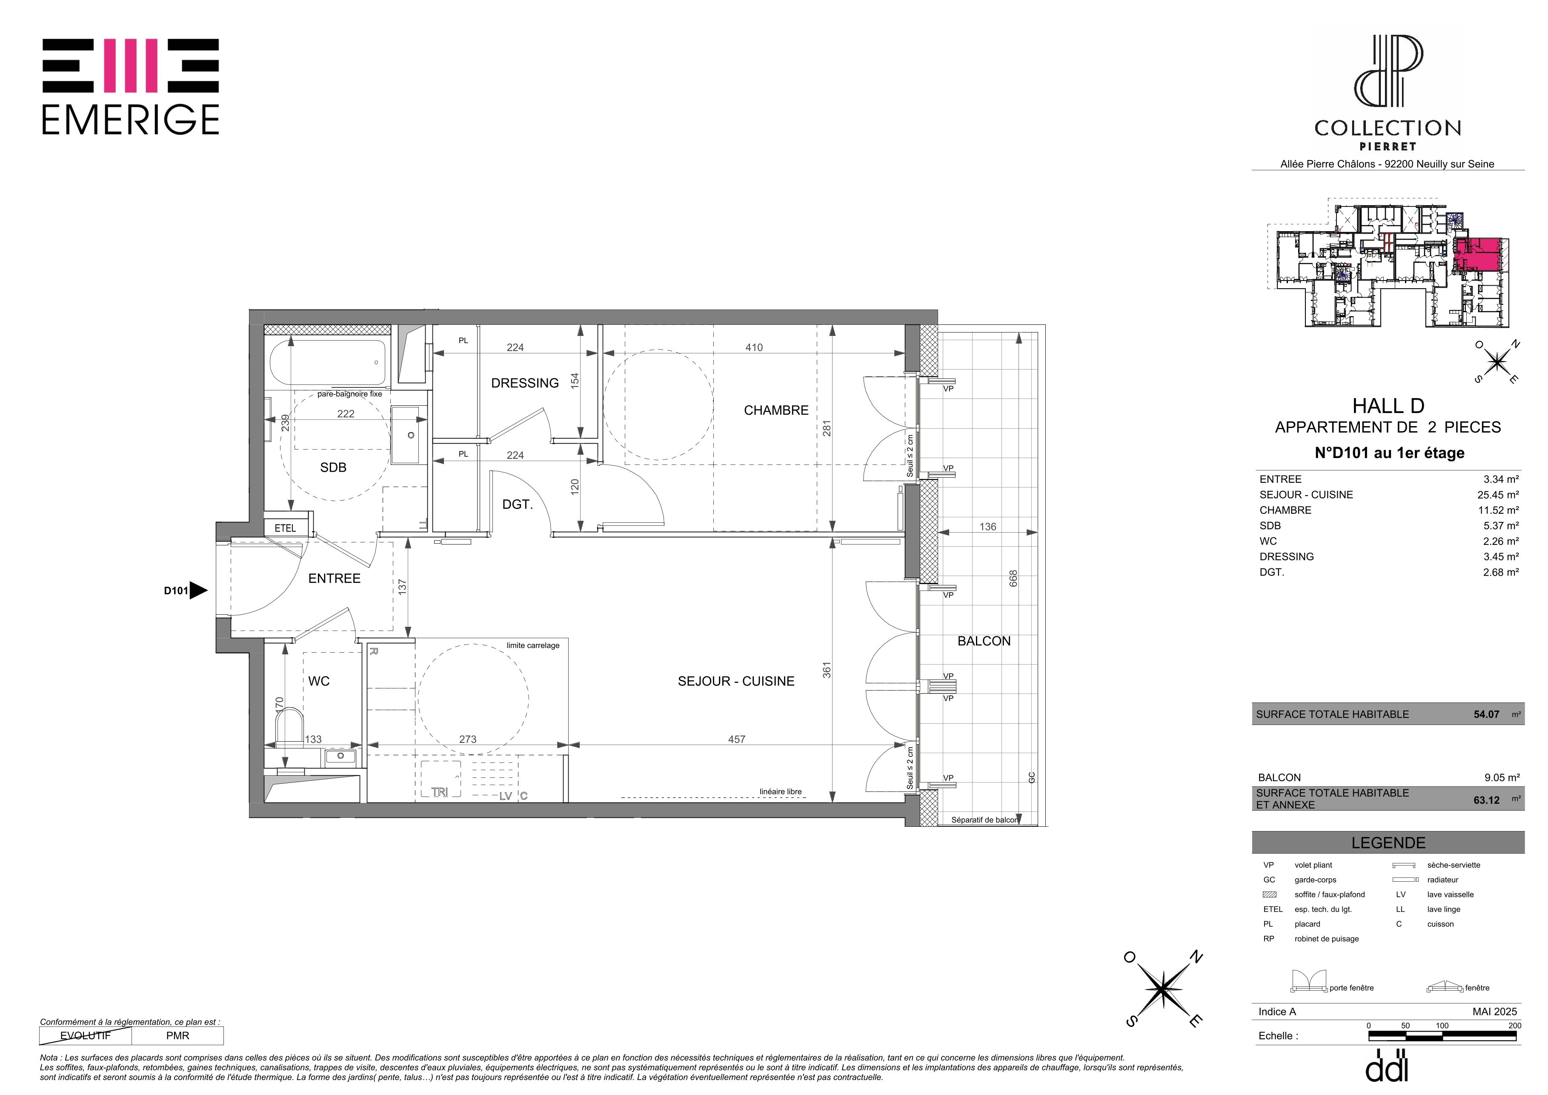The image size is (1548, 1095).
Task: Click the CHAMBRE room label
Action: (776, 410)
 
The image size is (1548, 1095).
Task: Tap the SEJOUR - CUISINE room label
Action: (736, 681)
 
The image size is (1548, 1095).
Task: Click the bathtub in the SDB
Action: (328, 361)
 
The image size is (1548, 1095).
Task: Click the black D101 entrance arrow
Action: (198, 590)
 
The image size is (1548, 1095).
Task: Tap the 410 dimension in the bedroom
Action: (754, 347)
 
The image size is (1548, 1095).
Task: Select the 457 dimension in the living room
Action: (737, 739)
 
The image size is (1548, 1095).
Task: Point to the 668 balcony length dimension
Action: (1013, 578)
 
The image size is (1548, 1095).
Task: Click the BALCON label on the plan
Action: (984, 641)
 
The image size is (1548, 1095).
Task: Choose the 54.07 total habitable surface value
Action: (1487, 714)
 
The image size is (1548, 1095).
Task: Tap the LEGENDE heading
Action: (1388, 843)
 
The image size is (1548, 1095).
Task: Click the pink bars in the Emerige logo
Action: (131, 66)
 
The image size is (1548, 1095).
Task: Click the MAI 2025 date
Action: (1495, 1012)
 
